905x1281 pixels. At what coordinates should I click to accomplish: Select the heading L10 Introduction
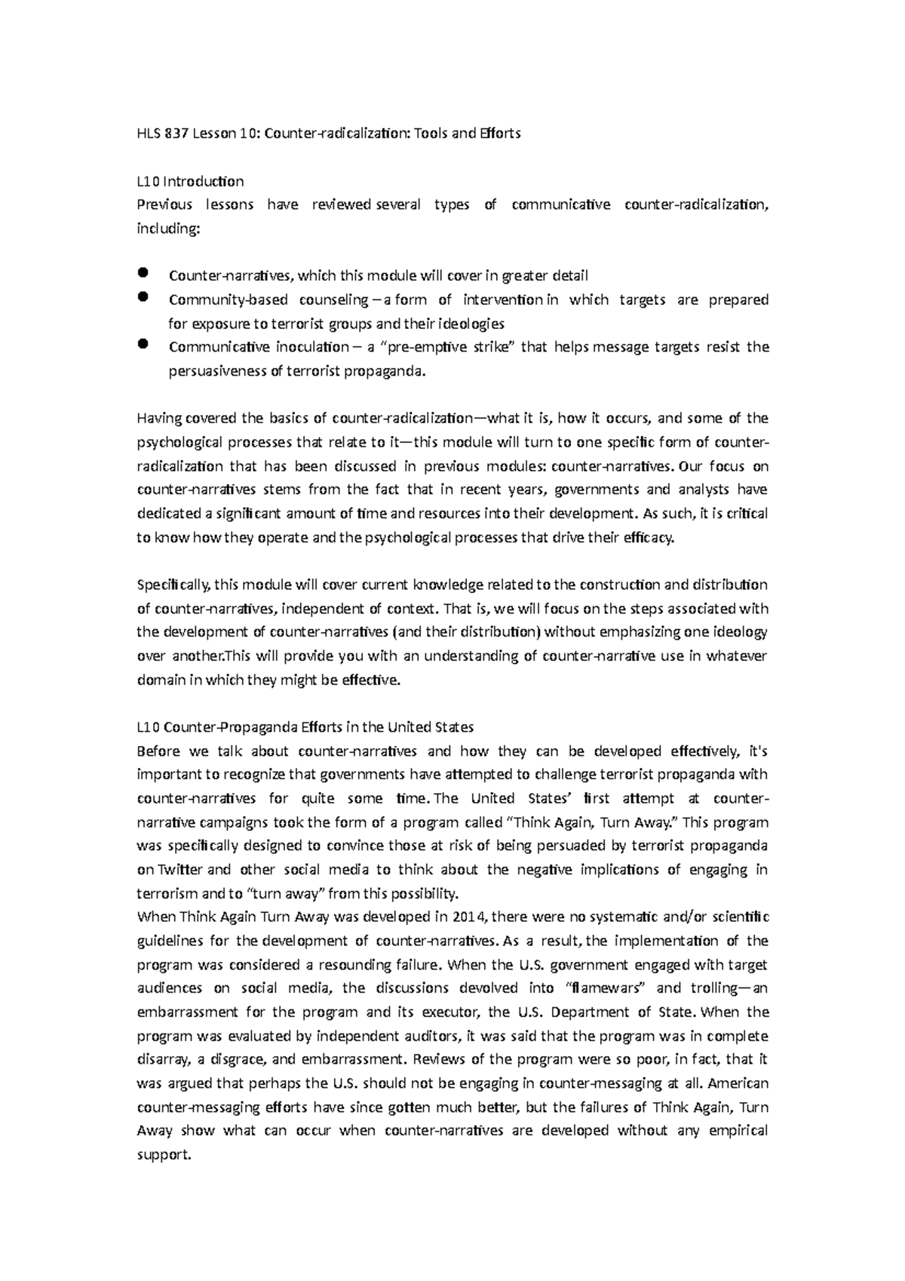[x=190, y=181]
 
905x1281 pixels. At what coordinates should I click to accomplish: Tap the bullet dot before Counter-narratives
[x=144, y=273]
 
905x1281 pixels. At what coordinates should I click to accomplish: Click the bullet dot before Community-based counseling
[x=144, y=297]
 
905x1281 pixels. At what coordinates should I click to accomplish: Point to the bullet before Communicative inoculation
[x=144, y=345]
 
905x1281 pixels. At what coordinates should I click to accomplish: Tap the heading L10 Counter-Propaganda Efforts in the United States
[x=305, y=727]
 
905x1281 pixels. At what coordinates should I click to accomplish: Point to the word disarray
[x=161, y=1060]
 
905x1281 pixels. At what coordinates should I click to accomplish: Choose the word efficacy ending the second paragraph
[x=646, y=538]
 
